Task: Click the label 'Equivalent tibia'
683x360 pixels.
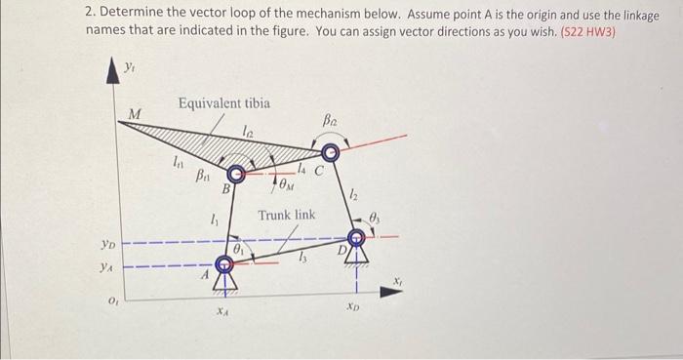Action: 223,104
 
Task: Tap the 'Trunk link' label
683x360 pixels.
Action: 286,215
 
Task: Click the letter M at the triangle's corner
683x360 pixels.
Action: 137,114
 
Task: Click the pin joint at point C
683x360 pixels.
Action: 331,153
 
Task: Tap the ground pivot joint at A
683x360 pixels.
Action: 223,261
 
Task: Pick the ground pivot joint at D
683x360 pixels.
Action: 358,238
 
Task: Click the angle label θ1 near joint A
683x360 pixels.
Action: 238,249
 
